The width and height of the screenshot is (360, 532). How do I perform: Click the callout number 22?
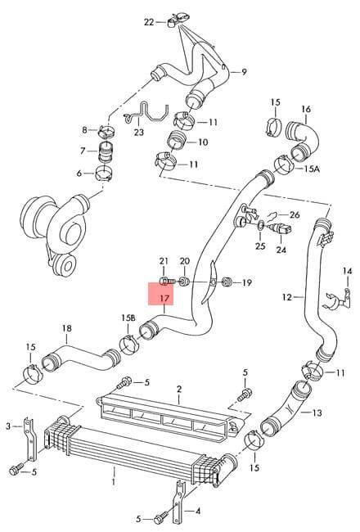click(x=149, y=22)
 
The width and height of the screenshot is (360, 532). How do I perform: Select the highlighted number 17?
click(x=164, y=299)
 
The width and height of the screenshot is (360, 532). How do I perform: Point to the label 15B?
click(x=128, y=318)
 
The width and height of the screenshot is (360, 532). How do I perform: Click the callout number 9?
click(x=244, y=72)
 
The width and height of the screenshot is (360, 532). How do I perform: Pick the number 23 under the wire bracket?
click(x=139, y=132)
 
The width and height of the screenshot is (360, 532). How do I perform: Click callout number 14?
click(x=347, y=271)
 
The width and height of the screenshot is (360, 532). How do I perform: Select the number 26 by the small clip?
click(x=295, y=214)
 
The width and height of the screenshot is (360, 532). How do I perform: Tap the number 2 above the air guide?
click(x=179, y=389)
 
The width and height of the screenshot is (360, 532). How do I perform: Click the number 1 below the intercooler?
click(x=114, y=481)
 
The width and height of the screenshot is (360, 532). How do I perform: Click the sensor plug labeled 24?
click(x=281, y=232)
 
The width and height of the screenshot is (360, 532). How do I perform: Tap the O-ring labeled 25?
click(x=260, y=224)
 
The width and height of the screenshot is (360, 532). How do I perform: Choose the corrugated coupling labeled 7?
click(x=105, y=152)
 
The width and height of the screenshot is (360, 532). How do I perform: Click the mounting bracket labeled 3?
click(x=30, y=440)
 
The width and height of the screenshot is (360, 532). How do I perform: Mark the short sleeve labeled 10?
click(x=177, y=140)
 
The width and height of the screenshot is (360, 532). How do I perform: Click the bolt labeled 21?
click(x=166, y=281)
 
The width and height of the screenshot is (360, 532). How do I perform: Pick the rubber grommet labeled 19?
click(x=226, y=282)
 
